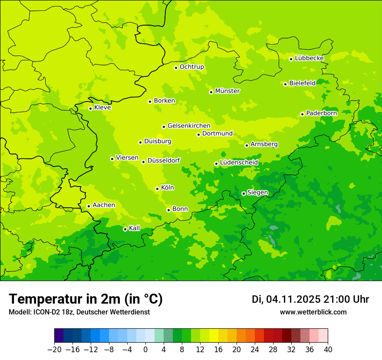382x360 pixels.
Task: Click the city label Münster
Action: (227, 91)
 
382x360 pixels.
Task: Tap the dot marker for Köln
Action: (157, 189)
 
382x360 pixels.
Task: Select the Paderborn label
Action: (321, 113)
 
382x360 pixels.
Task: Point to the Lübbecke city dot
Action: (291, 59)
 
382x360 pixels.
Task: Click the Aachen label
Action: (104, 205)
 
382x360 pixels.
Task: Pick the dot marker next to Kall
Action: (125, 229)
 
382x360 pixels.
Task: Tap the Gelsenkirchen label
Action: (189, 126)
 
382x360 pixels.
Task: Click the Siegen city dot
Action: (244, 193)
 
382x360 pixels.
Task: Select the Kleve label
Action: (102, 108)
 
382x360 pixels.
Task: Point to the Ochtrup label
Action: (192, 67)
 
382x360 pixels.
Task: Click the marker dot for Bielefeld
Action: (285, 84)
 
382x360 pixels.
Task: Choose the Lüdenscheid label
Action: (239, 163)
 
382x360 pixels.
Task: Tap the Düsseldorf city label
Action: (164, 161)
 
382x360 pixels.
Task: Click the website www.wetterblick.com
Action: (313, 312)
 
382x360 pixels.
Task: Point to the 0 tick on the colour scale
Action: (145, 350)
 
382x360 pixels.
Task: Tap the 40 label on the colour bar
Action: (328, 350)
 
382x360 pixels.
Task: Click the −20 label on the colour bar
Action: (54, 350)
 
